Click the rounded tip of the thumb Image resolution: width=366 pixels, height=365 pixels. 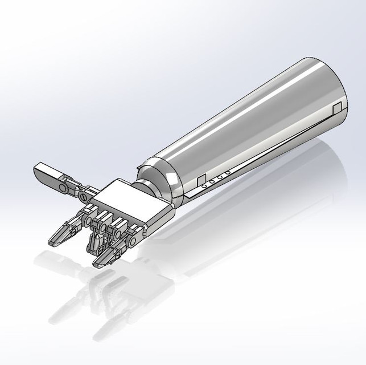38,169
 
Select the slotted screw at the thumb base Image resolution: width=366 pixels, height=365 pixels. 84,196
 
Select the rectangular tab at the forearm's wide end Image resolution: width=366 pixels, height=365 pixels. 337,107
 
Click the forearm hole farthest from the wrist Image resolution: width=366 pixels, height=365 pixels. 228,173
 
